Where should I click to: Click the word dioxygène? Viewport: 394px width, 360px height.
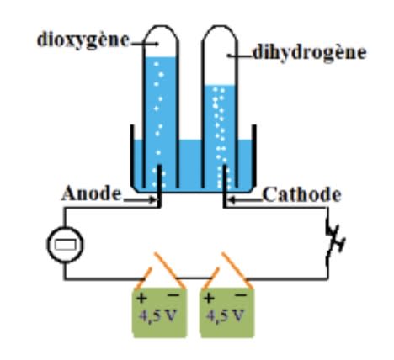tap(83, 40)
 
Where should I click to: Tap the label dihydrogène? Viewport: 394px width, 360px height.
tap(310, 53)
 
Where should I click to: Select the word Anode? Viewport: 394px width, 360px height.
tap(91, 193)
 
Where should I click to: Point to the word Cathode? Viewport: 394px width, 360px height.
tap(302, 194)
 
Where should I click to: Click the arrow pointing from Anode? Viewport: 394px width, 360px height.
tap(140, 200)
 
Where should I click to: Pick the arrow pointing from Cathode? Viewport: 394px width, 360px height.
tap(246, 200)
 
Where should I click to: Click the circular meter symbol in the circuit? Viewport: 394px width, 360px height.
tap(65, 245)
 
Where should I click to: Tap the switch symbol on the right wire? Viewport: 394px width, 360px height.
tap(334, 241)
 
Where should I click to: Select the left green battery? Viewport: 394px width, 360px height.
tap(160, 312)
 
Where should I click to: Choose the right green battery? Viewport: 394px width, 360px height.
tap(226, 312)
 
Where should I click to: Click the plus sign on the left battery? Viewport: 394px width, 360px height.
tap(141, 298)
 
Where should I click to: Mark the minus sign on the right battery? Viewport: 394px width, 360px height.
tap(241, 294)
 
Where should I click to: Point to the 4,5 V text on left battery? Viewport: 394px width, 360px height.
tap(158, 316)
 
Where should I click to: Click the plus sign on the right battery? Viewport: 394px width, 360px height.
tap(209, 298)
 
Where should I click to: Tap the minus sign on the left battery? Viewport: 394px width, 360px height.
tap(173, 294)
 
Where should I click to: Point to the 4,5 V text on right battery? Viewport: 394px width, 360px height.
tap(226, 316)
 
